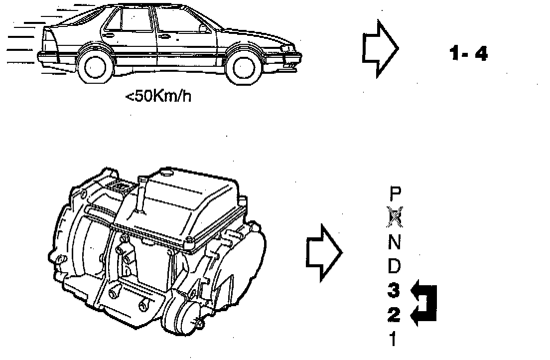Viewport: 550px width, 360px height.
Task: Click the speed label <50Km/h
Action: click(158, 95)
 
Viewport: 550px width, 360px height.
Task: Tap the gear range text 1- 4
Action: click(468, 53)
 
